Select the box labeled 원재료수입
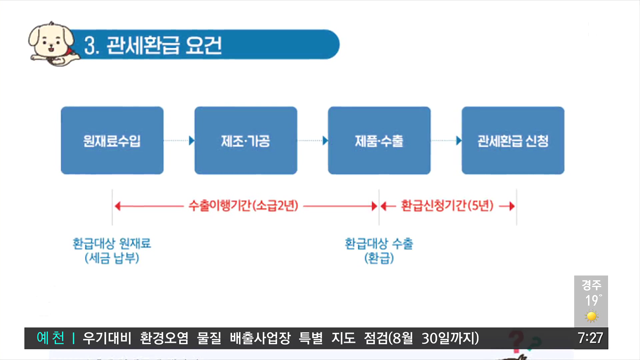pos(112,140)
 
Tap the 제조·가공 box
pos(246,140)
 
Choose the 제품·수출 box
pos(379,140)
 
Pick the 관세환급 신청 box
pos(513,140)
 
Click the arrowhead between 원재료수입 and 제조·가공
pos(191,141)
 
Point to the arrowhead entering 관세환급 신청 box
pos(459,141)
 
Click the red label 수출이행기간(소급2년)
pos(243,206)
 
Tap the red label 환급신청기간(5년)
pos(447,206)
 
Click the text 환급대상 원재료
pos(112,243)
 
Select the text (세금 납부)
pos(112,258)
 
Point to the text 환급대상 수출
pos(379,244)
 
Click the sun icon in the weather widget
pos(591,316)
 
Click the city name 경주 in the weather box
pos(591,285)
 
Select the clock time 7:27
pos(590,338)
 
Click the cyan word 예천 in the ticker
pos(51,338)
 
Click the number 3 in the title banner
pos(89,46)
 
